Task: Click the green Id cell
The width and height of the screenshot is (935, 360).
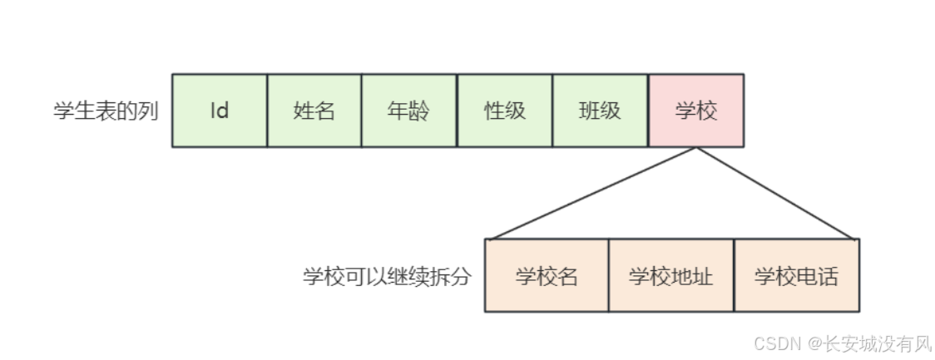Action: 220,111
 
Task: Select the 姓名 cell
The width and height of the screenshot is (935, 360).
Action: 314,111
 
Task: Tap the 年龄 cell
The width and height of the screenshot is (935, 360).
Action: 409,111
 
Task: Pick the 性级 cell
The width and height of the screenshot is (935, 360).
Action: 505,111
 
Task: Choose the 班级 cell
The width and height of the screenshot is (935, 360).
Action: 600,111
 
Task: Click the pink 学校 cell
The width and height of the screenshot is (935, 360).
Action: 695,111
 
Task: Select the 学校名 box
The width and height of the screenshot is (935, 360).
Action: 547,276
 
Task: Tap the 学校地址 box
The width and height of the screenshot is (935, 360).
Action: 671,276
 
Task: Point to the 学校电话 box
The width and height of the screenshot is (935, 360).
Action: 796,276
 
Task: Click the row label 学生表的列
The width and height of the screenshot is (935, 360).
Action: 106,111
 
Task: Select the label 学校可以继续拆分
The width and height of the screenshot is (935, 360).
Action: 387,276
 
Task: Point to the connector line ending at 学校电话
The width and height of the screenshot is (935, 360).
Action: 775,194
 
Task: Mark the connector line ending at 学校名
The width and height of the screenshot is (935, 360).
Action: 592,194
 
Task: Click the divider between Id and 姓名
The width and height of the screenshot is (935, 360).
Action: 267,111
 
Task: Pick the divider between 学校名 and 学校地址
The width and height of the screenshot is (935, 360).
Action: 609,276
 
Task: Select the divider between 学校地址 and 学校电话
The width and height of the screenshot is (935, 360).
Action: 734,276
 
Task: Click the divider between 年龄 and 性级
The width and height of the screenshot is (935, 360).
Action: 458,111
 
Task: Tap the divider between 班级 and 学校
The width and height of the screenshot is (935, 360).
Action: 648,111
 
